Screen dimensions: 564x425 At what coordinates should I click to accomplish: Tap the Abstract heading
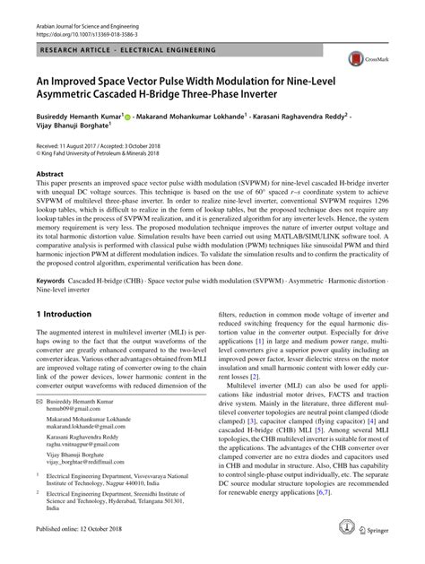50,171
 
